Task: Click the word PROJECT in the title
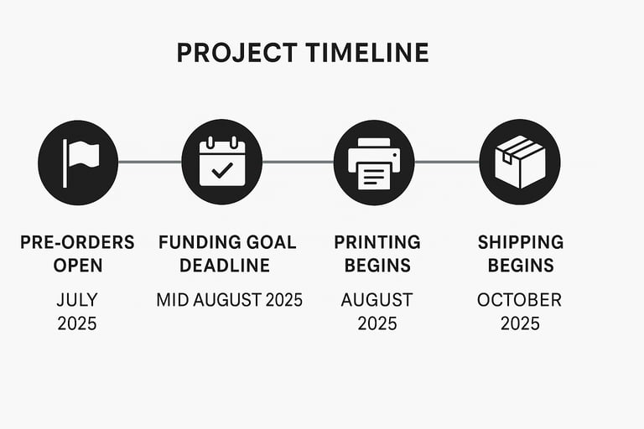pyautogui.click(x=237, y=53)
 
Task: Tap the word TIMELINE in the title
pyautogui.click(x=367, y=53)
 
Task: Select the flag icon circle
pyautogui.click(x=78, y=163)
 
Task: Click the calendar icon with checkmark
pyautogui.click(x=221, y=162)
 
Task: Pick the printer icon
pyautogui.click(x=374, y=163)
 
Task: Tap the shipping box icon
pyautogui.click(x=520, y=162)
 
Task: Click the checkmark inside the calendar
pyautogui.click(x=222, y=170)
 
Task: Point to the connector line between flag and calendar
pyautogui.click(x=150, y=163)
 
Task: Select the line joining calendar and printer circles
pyautogui.click(x=299, y=163)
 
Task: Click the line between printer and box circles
pyautogui.click(x=447, y=163)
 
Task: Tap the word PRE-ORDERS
pyautogui.click(x=77, y=242)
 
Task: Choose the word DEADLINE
pyautogui.click(x=225, y=266)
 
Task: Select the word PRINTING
pyautogui.click(x=377, y=242)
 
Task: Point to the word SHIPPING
pyautogui.click(x=521, y=242)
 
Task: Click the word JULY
pyautogui.click(x=77, y=300)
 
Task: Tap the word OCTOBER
pyautogui.click(x=519, y=300)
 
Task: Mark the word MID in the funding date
pyautogui.click(x=173, y=300)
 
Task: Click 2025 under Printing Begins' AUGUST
pyautogui.click(x=377, y=323)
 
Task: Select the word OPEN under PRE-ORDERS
pyautogui.click(x=78, y=266)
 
